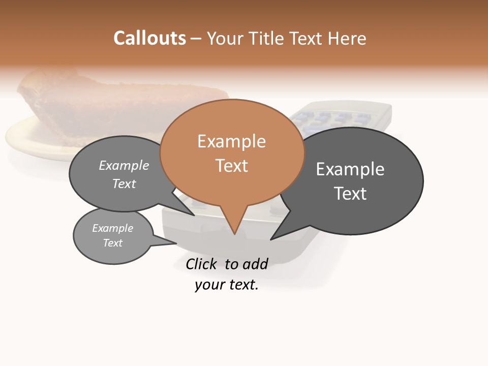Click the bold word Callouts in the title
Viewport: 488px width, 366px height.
[149, 38]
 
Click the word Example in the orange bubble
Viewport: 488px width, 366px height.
[231, 141]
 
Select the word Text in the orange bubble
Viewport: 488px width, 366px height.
[232, 166]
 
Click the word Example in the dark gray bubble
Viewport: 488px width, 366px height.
[350, 169]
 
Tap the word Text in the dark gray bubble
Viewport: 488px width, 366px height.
[350, 194]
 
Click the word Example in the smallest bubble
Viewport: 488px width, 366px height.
[113, 228]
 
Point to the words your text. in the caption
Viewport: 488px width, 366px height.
[227, 285]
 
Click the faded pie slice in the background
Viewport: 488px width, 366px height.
[102, 102]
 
